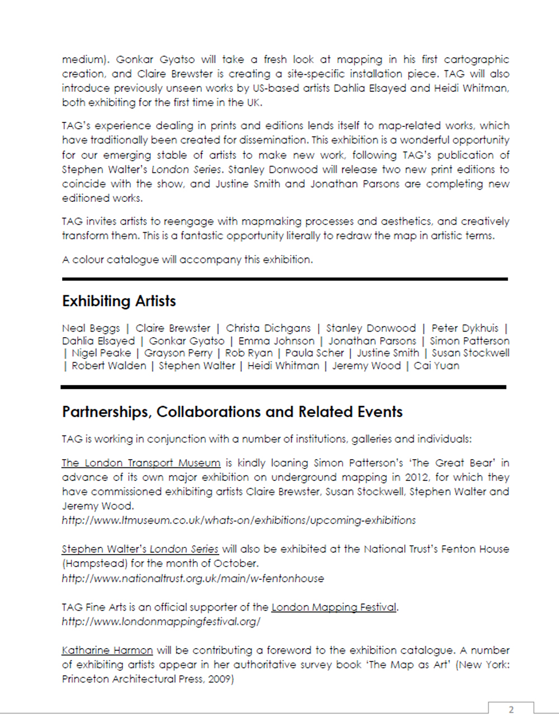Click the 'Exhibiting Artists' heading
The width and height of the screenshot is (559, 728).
[x=119, y=301]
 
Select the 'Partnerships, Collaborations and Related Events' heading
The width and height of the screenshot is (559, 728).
[x=232, y=412]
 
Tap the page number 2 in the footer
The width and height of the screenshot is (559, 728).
[x=511, y=710]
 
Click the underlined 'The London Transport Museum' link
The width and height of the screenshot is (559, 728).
[x=141, y=463]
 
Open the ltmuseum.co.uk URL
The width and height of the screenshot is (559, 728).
[x=239, y=521]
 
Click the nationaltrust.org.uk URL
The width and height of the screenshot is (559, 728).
[x=193, y=579]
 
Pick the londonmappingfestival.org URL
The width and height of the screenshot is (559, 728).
[x=161, y=622]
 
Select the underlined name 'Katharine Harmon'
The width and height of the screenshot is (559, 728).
[x=107, y=650]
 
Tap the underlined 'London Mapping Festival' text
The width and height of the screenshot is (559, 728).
[x=334, y=607]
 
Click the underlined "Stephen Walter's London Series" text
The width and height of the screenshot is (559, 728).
[x=140, y=549]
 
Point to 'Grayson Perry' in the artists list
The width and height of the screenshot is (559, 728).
[x=178, y=353]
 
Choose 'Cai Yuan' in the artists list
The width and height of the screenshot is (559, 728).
[x=437, y=366]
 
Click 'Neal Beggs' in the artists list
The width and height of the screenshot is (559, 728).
[x=91, y=328]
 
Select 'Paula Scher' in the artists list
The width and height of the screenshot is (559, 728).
[x=315, y=353]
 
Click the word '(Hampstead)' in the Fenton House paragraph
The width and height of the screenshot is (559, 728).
[x=94, y=564]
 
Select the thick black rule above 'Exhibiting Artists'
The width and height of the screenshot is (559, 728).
[x=285, y=278]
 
